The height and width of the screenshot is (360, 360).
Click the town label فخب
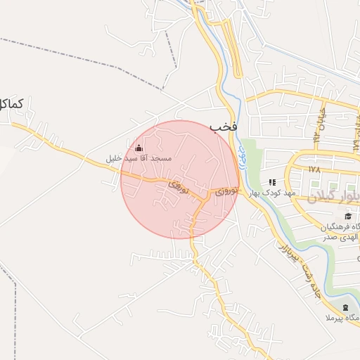[x=224, y=127]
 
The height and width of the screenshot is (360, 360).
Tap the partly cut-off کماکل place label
[x=12, y=105]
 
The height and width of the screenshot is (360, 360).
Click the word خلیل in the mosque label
[x=114, y=158]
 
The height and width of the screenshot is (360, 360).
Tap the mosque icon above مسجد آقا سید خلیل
[x=138, y=148]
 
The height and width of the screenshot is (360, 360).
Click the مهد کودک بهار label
[x=273, y=192]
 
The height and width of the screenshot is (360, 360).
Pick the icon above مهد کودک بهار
[x=272, y=181]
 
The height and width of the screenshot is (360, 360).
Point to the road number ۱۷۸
[x=314, y=169]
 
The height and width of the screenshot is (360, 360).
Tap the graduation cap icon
[x=348, y=215]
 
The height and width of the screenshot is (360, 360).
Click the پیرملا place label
[x=345, y=319]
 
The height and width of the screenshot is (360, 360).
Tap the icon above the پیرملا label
[x=345, y=308]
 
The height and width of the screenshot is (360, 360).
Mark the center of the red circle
[x=180, y=179]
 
